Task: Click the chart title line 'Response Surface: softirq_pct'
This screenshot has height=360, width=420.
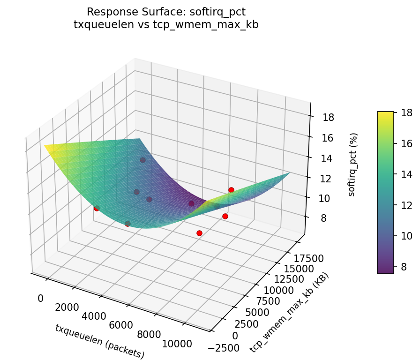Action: (166, 11)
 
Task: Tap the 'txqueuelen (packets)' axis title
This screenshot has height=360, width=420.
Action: (99, 341)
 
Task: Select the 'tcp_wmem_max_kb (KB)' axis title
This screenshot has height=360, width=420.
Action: (289, 312)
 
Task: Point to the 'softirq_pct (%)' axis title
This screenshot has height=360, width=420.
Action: (352, 164)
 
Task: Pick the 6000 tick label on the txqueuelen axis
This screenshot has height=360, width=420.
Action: (120, 325)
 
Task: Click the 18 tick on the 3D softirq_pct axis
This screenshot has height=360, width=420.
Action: (328, 117)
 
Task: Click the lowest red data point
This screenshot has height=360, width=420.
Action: (199, 233)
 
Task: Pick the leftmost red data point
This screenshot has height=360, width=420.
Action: (97, 208)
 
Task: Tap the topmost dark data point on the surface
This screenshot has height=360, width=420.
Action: (142, 160)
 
